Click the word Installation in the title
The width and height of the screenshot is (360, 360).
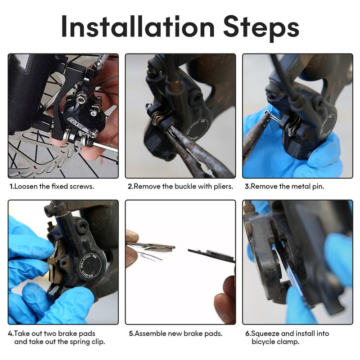pos(138,26)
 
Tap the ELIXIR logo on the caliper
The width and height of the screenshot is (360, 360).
pos(77,125)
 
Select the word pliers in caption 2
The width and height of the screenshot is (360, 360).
pos(223,186)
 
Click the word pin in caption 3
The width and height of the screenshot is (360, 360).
pos(318,186)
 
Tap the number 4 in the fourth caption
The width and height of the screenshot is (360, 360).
pos(10,333)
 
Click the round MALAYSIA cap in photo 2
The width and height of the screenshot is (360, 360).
pos(197,129)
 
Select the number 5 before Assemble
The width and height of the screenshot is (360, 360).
pos(131,333)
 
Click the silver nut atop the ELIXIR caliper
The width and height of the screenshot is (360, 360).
pos(81,99)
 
